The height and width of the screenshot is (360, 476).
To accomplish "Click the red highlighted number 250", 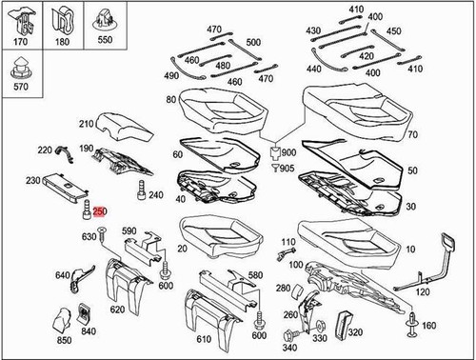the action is [x=100, y=211].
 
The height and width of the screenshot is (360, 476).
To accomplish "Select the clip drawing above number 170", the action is [x=22, y=21].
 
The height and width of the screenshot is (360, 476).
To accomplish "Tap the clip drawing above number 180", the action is [x=63, y=21].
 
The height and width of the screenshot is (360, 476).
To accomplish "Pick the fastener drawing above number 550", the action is [x=105, y=20].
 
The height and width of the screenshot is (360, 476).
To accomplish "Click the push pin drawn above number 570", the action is [x=21, y=69].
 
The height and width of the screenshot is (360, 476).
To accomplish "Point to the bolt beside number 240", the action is [x=141, y=190].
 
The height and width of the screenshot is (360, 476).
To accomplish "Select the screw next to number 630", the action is [x=103, y=235].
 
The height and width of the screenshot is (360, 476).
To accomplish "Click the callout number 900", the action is [x=288, y=152].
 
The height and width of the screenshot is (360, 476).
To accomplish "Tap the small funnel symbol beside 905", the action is [x=275, y=168].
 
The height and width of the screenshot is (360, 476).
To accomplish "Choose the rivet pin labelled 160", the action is [x=412, y=324].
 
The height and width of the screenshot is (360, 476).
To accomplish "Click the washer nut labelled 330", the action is [x=320, y=325].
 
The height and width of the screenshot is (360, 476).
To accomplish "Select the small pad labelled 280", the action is [x=298, y=290].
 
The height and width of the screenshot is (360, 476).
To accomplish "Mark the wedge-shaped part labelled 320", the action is [x=344, y=325].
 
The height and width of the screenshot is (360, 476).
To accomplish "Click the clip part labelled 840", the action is [x=84, y=312].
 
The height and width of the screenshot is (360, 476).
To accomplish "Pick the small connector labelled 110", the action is [x=286, y=254].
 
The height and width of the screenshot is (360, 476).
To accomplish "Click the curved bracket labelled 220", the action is [x=65, y=154].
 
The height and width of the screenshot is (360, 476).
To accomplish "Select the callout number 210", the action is [x=87, y=124].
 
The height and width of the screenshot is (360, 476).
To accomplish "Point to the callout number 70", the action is [x=412, y=134].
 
